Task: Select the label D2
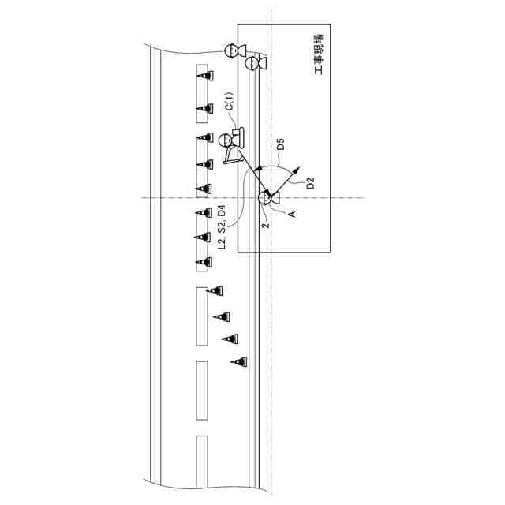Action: tap(311, 183)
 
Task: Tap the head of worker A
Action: tap(267, 197)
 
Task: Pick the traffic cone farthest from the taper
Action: tap(204, 76)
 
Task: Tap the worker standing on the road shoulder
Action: tap(231, 52)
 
